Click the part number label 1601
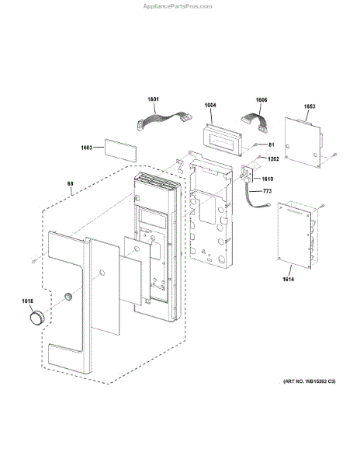(153, 99)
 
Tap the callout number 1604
(210, 105)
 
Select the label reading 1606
(261, 100)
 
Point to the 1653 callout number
(310, 106)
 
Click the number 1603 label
(87, 148)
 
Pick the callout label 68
(70, 183)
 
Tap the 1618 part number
(27, 301)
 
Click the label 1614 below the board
(288, 279)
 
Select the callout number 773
(267, 191)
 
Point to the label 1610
(268, 179)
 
